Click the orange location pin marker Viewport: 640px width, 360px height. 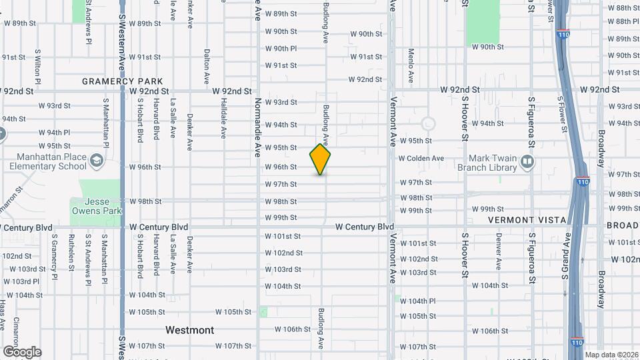(320, 159)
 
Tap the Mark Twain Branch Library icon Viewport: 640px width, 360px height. (527, 161)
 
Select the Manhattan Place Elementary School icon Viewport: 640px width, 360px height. (97, 160)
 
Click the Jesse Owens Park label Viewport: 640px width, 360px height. (96, 206)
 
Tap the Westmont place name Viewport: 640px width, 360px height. (190, 330)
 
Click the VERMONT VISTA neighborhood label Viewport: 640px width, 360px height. (527, 220)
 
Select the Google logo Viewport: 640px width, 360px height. (22, 352)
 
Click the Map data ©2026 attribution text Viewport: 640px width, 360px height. (611, 355)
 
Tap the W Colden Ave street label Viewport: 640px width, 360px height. (421, 159)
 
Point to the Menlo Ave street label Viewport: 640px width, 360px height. (411, 65)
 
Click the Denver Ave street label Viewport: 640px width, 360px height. (498, 251)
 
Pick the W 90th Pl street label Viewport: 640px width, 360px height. (281, 49)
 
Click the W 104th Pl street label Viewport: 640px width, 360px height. (418, 301)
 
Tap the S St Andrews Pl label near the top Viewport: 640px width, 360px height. (88, 23)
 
